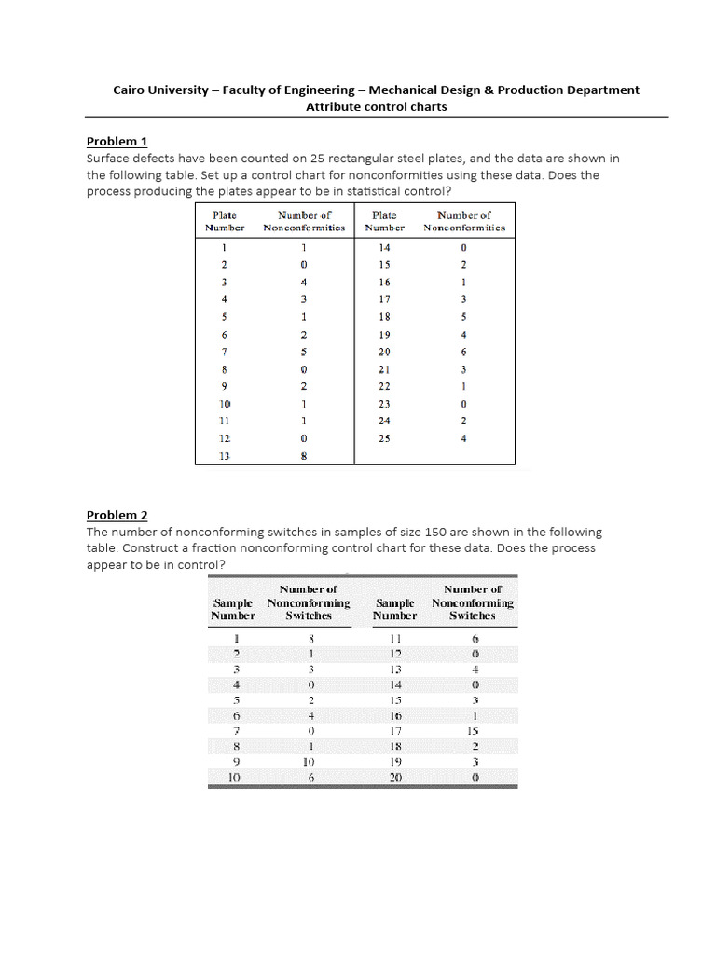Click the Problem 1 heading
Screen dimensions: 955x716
point(117,142)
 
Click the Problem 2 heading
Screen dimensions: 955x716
point(117,515)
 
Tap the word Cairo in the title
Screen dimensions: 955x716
point(131,90)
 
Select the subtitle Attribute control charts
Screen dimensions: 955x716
point(377,106)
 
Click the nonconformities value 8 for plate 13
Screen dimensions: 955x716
point(304,456)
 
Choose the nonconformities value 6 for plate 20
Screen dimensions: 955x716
point(463,352)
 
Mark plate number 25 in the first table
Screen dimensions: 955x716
point(384,437)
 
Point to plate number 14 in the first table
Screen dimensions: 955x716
point(384,247)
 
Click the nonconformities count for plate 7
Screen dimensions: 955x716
point(304,352)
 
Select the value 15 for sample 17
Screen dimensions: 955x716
point(473,731)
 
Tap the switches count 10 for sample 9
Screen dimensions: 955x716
point(310,761)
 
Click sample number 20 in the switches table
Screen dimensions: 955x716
point(395,776)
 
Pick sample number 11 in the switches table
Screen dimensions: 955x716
point(395,639)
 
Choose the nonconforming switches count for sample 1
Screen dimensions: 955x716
point(310,639)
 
